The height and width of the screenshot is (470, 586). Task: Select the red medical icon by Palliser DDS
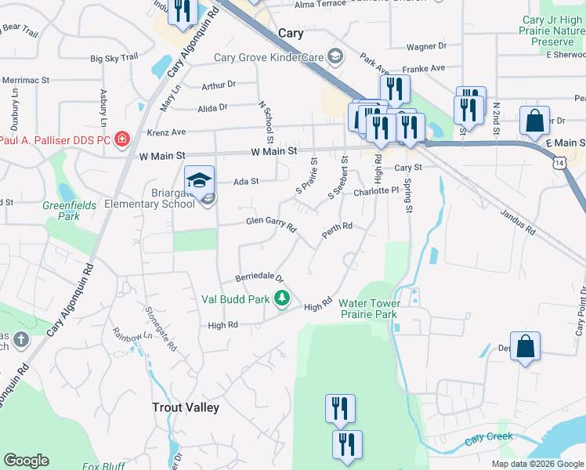tap(121, 140)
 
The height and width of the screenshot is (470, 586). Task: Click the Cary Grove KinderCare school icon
tap(335, 56)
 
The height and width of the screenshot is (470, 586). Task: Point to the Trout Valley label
tap(185, 407)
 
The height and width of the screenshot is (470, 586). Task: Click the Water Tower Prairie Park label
tap(370, 309)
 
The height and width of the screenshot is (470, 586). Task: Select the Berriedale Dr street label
tap(259, 278)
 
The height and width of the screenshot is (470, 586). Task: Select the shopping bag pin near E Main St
tap(534, 122)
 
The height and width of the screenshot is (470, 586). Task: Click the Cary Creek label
tap(488, 439)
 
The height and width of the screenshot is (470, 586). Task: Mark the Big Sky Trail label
tap(114, 58)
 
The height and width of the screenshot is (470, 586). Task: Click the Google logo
tap(26, 460)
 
